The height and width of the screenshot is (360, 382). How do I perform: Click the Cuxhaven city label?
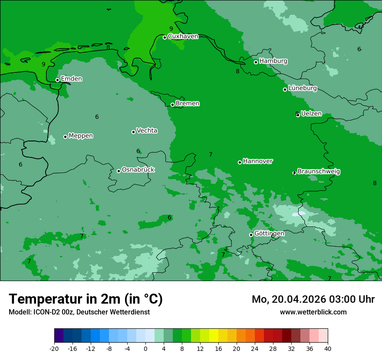183,36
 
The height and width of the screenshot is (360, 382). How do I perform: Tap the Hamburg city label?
273,61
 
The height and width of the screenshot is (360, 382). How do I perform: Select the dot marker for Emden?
57,80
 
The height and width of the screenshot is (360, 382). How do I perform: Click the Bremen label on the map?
188,104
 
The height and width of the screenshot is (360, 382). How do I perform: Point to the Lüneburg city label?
302,88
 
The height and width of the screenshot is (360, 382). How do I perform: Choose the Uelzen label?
311,114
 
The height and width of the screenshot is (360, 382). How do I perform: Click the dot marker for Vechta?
133,132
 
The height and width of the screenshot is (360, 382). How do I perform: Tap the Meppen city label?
81,136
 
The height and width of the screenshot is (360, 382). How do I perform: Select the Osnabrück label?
138,170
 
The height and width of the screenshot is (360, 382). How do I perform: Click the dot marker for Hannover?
240,162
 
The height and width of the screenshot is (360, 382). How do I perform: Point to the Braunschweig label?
319,171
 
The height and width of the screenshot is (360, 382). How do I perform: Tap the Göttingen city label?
269,233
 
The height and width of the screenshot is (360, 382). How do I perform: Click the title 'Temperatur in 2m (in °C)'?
86,299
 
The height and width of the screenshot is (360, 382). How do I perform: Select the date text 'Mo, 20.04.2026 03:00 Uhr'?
313,299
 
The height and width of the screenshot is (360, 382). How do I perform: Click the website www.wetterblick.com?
313,312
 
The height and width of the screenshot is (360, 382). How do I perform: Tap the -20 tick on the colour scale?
54,349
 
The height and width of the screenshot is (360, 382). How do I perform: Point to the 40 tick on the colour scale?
328,349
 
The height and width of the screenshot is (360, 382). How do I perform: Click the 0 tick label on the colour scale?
145,349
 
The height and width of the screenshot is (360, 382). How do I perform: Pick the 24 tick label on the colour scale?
255,349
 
